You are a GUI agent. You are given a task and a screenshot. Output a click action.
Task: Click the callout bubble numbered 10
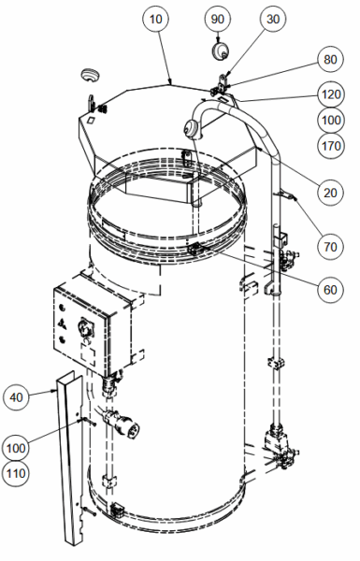click(x=155, y=19)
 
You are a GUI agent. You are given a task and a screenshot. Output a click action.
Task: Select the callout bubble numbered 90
click(x=218, y=19)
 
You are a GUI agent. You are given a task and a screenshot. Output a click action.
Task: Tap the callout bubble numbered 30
click(x=273, y=19)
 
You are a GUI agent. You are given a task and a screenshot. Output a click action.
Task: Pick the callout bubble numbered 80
click(x=330, y=59)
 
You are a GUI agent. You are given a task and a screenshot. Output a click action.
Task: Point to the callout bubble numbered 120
click(x=331, y=94)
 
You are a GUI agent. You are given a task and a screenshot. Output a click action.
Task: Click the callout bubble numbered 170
click(x=331, y=146)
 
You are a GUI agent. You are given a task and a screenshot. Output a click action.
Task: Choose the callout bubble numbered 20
click(x=330, y=193)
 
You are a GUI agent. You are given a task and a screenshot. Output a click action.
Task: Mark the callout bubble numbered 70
click(x=330, y=247)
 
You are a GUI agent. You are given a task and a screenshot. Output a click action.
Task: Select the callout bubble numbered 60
click(x=330, y=289)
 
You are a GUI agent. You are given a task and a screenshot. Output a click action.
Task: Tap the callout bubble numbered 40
click(x=16, y=396)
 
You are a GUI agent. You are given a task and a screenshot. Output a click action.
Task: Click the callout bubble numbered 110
click(x=16, y=474)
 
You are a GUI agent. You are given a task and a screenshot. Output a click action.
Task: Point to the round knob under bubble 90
click(x=220, y=50)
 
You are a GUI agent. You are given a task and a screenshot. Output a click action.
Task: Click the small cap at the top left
click(x=90, y=75)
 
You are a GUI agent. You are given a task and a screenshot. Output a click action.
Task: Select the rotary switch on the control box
click(x=86, y=327)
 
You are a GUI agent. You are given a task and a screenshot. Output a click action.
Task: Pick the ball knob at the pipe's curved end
click(x=193, y=128)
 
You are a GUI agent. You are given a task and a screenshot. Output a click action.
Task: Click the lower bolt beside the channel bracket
click(x=90, y=511)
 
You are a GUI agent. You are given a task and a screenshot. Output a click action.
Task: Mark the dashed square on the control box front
click(x=88, y=354)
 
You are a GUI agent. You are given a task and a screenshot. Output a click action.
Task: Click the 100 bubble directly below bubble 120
click(x=331, y=120)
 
